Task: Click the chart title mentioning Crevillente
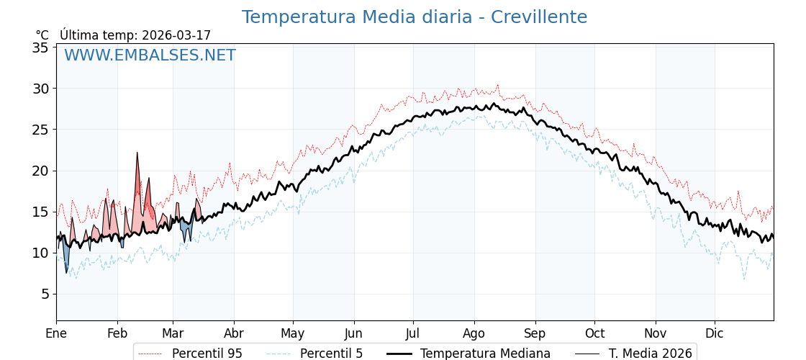414,17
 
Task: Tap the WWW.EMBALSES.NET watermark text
150,55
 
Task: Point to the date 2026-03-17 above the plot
176,35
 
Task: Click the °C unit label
42,35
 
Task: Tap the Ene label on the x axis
56,333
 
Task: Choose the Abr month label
234,333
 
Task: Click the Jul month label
413,333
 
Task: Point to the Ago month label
474,333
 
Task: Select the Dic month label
715,333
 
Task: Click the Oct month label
594,333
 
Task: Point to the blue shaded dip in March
186,232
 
